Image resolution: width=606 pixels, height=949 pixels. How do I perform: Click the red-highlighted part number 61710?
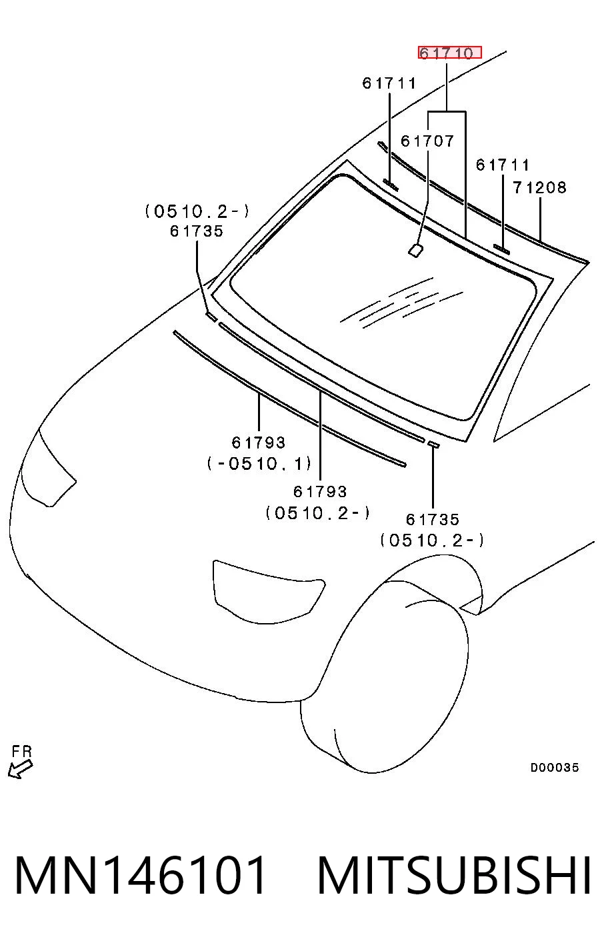[x=449, y=53]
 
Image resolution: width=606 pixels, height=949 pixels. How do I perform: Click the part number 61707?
[x=427, y=141]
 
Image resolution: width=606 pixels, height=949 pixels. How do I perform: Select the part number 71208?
[x=539, y=187]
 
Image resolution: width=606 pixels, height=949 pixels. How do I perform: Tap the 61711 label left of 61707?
[x=389, y=83]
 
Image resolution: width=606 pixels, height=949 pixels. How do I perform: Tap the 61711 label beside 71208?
[x=503, y=165]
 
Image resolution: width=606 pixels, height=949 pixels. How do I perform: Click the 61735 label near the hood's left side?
[x=197, y=231]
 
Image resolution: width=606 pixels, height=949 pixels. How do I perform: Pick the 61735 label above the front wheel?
[x=432, y=519]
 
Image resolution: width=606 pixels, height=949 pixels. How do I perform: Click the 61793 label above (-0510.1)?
[x=259, y=443]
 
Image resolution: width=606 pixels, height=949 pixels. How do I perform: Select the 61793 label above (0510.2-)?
[x=320, y=491]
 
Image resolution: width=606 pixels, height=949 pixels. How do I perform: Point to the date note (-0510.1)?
[x=259, y=463]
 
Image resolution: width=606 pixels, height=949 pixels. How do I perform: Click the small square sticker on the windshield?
[x=415, y=250]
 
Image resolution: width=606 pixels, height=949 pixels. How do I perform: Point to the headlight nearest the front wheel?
[x=269, y=592]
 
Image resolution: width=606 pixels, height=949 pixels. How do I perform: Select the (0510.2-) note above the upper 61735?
[x=197, y=211]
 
